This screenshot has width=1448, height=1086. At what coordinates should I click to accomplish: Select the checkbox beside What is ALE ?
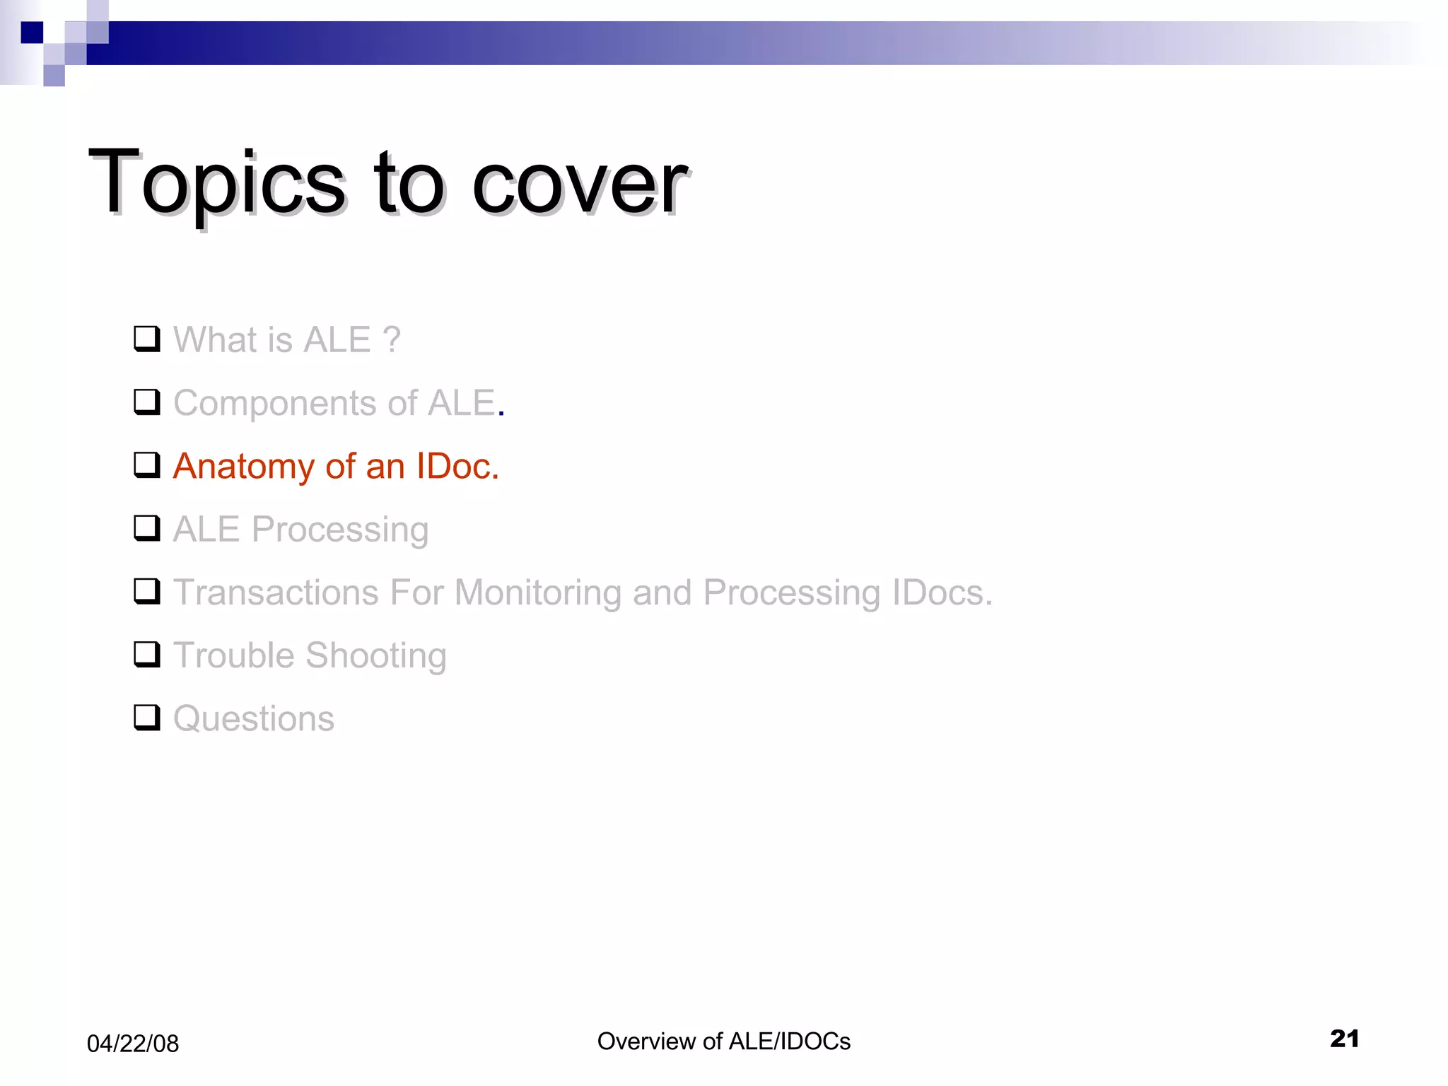coord(146,339)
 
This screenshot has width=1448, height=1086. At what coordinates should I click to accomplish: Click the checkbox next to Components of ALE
coord(146,402)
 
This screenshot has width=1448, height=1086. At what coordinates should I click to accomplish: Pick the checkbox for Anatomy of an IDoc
coord(146,465)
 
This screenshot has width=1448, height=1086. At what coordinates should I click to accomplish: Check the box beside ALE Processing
coord(146,528)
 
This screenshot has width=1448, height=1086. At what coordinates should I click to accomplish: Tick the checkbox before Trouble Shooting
coord(146,655)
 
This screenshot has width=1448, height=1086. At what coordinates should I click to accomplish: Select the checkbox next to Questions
coord(146,718)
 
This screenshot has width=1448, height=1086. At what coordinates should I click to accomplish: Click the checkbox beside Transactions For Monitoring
coord(146,591)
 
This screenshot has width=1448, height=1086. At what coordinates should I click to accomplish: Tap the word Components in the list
coord(274,404)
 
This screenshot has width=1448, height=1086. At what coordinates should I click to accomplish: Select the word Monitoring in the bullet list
coord(537,593)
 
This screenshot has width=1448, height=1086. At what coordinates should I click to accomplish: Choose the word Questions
coord(254,719)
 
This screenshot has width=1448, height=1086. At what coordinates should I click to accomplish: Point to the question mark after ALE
coord(392,340)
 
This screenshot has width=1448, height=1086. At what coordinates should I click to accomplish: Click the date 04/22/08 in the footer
coord(133,1044)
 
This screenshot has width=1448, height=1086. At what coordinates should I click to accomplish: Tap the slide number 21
coord(1344,1039)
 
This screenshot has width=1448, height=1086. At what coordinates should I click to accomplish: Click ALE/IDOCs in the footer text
coord(789,1041)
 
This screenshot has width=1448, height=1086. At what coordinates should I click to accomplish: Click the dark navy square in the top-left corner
coord(32,33)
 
